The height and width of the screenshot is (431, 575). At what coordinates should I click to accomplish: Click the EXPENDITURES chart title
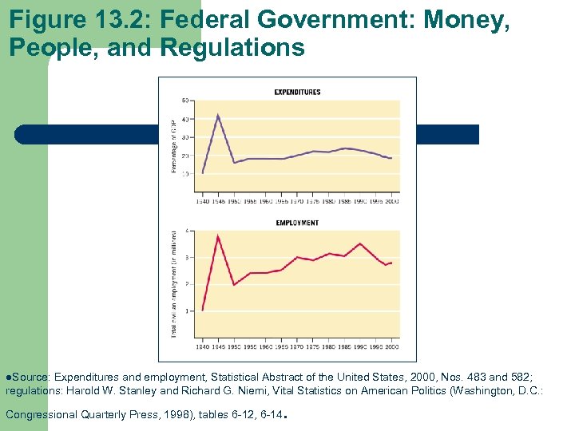pos(297,92)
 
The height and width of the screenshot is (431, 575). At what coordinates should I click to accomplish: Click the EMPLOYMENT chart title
pos(297,223)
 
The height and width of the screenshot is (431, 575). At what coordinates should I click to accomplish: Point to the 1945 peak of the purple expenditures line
pos(218,115)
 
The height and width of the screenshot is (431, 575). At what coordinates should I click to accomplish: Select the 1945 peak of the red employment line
pos(218,235)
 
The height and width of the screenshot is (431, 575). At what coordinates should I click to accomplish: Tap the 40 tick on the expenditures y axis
pos(185,119)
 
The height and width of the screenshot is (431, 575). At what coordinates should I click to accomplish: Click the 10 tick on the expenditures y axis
pos(185,173)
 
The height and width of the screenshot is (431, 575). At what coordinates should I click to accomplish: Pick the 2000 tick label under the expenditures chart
pos(392,201)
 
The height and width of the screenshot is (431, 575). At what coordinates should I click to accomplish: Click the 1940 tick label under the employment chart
pos(202,347)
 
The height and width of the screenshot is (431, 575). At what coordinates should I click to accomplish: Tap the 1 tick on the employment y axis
pos(187,310)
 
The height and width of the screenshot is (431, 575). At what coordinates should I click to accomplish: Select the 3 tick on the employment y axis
pos(187,257)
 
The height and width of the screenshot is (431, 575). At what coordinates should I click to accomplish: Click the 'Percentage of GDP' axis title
pos(173,146)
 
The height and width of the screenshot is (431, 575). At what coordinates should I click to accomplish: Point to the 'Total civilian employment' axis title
pos(174,283)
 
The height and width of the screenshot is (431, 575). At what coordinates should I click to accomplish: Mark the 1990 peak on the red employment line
pos(360,243)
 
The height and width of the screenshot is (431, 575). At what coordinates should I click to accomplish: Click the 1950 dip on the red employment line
pos(234,285)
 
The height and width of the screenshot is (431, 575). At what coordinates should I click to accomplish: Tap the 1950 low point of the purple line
pos(234,163)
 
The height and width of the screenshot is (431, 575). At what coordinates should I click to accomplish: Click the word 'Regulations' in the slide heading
pos(232,49)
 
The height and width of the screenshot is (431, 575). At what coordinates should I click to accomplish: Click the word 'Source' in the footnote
pos(31,376)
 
